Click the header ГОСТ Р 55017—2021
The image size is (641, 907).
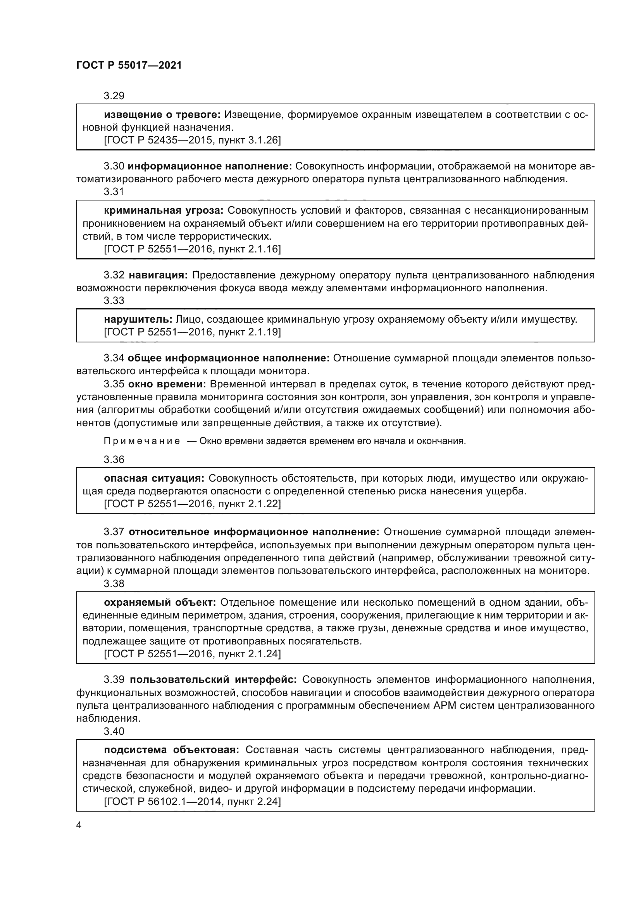129,66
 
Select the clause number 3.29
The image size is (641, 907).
114,96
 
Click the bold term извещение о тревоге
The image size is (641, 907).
162,115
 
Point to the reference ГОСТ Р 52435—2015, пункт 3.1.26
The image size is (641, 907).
192,140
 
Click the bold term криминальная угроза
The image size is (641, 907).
164,210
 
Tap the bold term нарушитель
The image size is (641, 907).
138,319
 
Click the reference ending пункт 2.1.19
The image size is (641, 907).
192,332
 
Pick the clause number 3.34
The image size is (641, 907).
114,358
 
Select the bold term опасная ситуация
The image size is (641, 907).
154,479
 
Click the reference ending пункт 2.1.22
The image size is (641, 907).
192,504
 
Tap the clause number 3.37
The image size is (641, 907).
114,532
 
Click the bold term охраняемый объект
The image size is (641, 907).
160,603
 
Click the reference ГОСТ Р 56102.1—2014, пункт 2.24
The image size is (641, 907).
192,800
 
